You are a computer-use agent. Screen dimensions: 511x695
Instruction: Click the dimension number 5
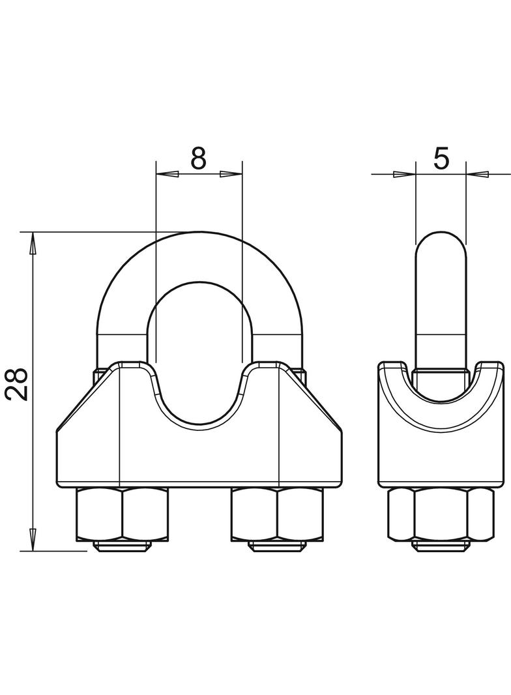click(x=441, y=158)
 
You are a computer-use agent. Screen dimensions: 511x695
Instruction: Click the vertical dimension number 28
click(x=18, y=383)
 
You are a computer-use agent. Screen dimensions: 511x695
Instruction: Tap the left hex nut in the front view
click(x=123, y=514)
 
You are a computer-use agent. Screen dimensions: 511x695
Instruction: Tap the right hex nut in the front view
click(x=278, y=514)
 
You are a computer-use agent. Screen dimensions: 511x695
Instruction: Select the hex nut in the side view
click(x=441, y=514)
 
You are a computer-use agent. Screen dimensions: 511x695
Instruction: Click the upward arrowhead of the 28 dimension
click(x=33, y=244)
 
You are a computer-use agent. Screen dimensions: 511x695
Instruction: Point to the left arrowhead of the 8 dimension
click(x=168, y=174)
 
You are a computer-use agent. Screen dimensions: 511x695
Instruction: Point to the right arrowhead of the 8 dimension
click(x=231, y=174)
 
